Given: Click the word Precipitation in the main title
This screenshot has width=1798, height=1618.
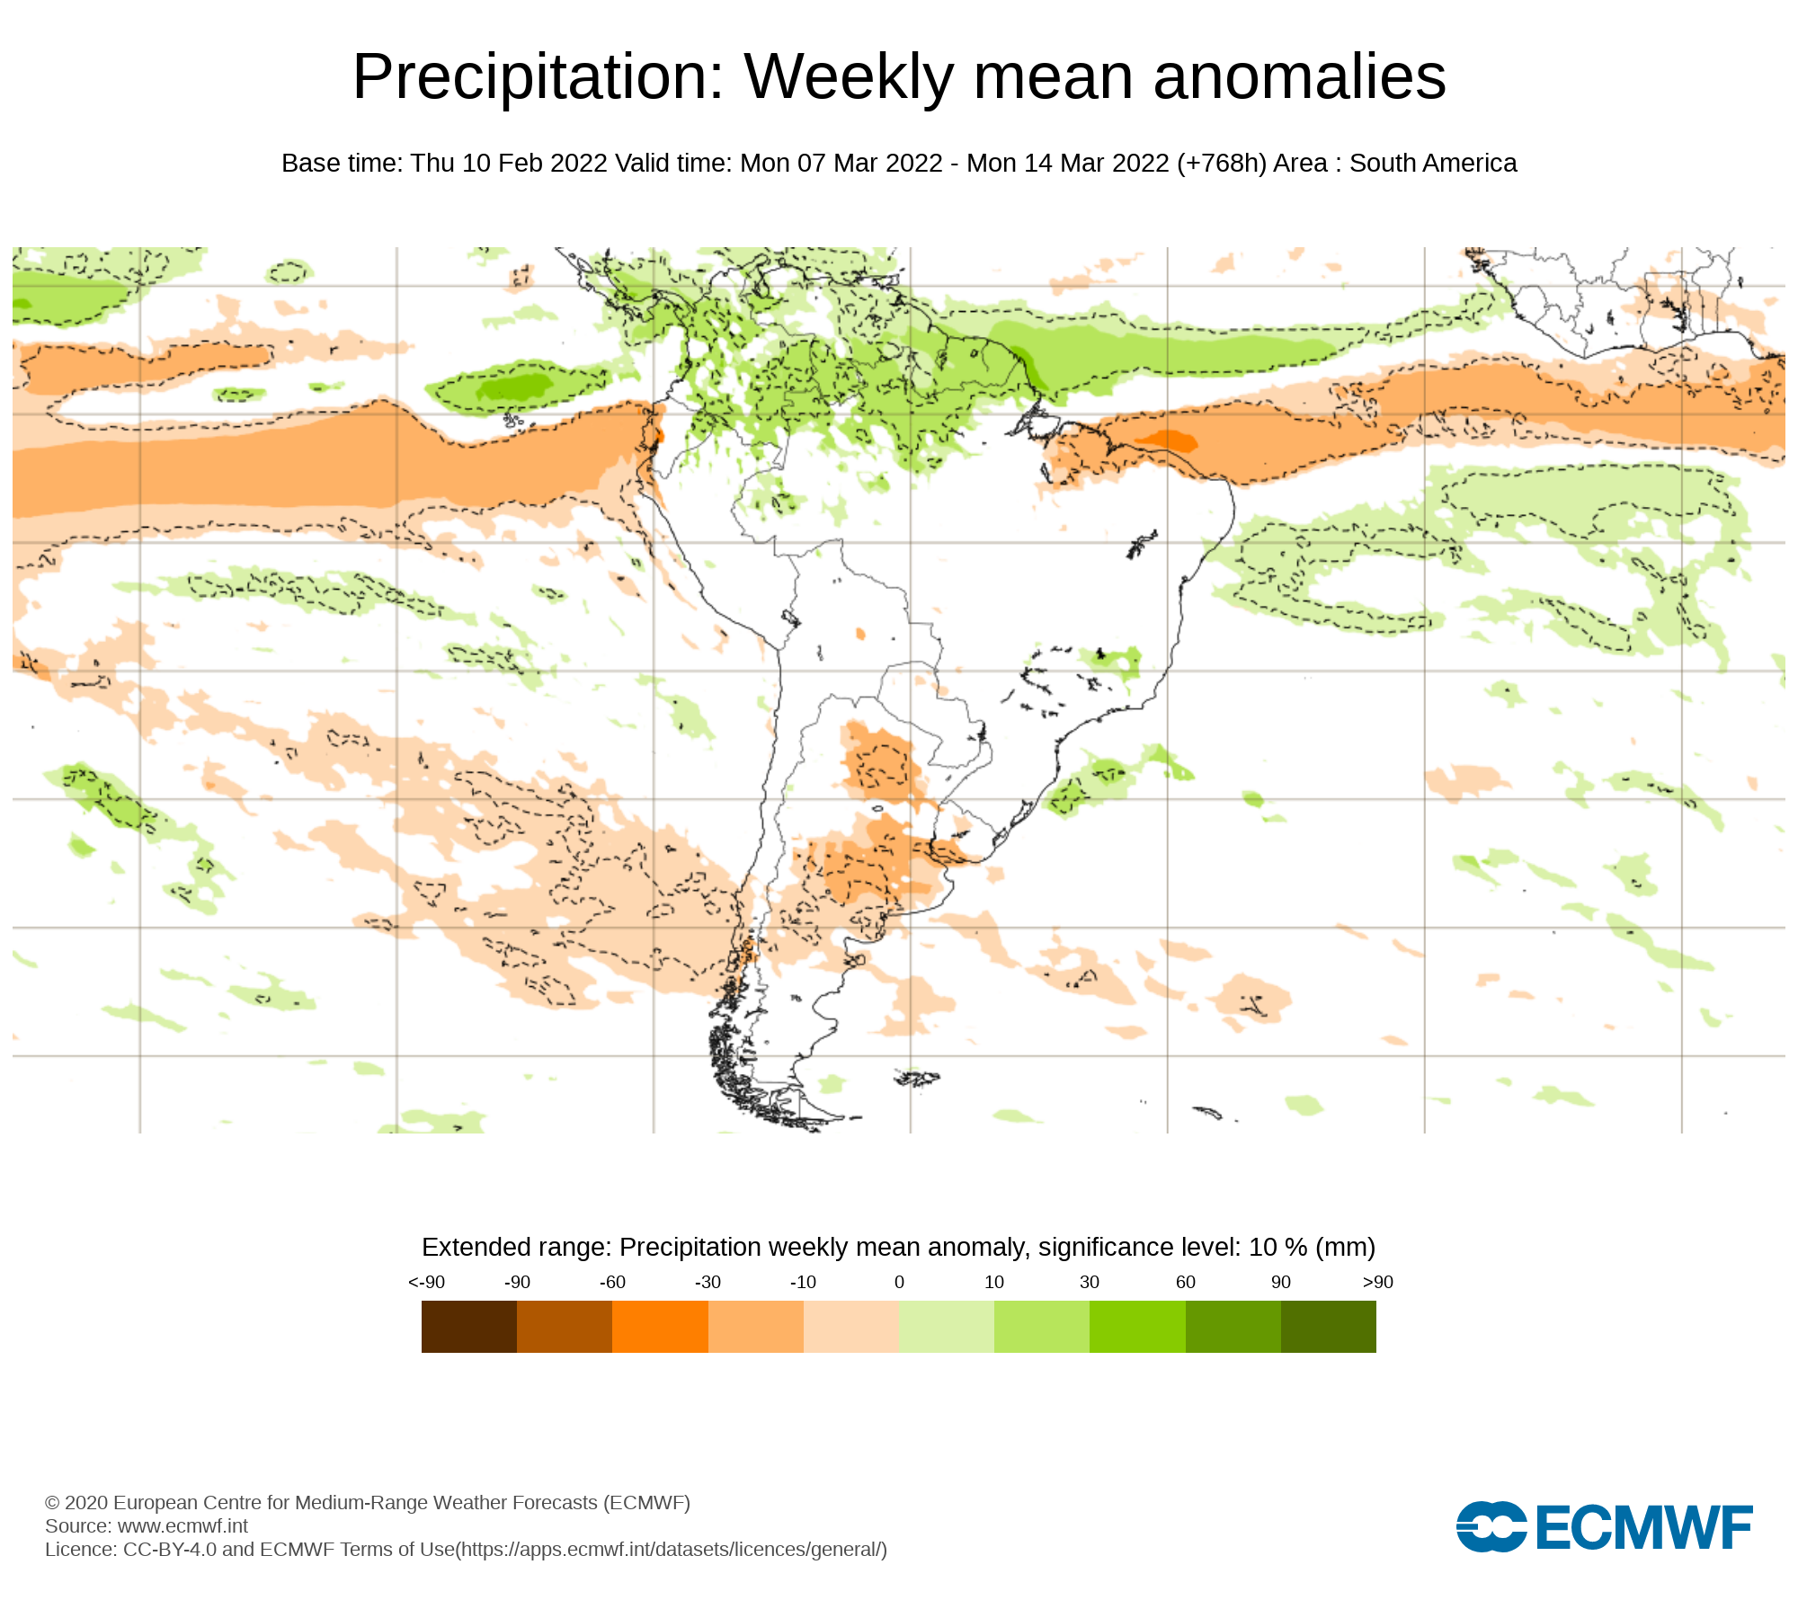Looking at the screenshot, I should (x=538, y=77).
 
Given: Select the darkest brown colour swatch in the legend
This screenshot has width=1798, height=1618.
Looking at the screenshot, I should (x=468, y=1327).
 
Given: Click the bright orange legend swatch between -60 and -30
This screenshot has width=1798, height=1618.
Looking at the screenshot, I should (x=660, y=1327).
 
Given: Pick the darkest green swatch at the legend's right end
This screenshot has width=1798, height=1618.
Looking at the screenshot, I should (x=1328, y=1327).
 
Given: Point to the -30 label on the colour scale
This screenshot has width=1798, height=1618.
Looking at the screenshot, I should (x=708, y=1282).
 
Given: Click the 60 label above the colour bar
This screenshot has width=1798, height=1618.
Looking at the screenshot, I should (x=1185, y=1282).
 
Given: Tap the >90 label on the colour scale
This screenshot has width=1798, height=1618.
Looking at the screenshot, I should (x=1377, y=1282).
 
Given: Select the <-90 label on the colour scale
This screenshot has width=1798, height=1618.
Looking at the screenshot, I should (x=426, y=1282).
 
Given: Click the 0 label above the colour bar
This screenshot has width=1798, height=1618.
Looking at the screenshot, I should (x=899, y=1282).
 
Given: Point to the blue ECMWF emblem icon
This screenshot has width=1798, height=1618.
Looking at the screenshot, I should (x=1491, y=1526).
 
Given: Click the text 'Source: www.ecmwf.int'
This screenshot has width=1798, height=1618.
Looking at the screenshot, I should (x=147, y=1525).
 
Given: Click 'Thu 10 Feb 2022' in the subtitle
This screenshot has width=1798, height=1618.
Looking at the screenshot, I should (x=509, y=164).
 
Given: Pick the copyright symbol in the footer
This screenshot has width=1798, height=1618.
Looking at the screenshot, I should (x=52, y=1503).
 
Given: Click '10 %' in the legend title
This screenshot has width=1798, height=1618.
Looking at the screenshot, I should (x=1277, y=1248).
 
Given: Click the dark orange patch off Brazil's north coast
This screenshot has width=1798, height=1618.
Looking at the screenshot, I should (x=1169, y=440).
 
